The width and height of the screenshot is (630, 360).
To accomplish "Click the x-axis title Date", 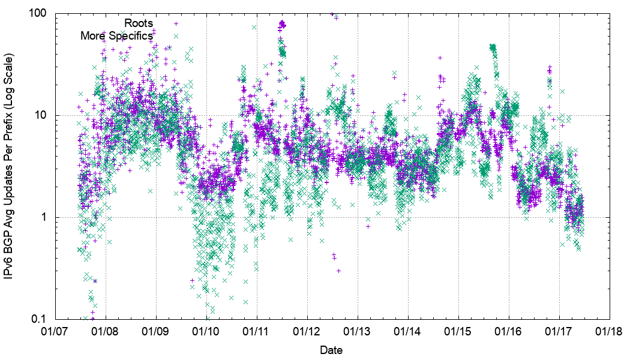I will point(332,349).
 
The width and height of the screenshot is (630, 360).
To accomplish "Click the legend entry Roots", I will point(139,23).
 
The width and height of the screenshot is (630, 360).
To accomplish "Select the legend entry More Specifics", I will point(117,36).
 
